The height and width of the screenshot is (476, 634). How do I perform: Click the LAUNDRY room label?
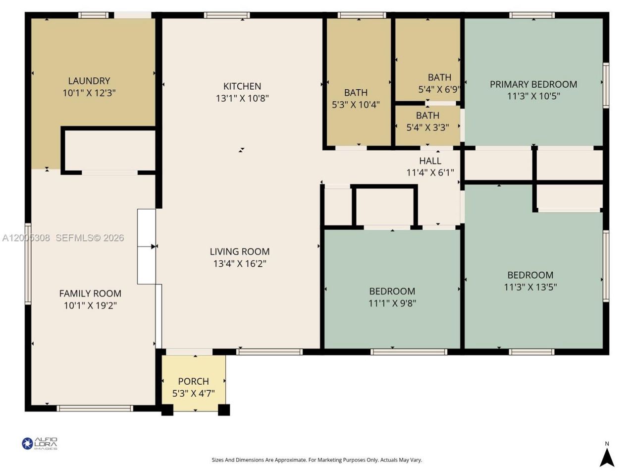89,81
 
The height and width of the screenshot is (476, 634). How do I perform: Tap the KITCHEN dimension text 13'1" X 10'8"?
242,98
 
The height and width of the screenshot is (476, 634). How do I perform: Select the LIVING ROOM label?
240,251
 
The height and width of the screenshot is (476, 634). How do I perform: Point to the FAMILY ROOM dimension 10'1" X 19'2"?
90,305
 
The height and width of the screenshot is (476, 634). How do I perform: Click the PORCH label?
193,381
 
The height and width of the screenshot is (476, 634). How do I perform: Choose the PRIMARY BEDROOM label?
533,84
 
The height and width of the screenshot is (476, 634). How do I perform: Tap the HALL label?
430,161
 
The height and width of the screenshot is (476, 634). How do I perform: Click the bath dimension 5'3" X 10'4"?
356,105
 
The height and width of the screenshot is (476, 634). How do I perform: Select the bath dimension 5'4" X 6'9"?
439,90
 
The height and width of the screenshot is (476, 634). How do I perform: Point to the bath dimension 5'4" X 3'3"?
427,127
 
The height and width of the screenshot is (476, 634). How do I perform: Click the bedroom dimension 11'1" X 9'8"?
392,303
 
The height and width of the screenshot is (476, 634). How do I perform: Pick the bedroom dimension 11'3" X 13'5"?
530,287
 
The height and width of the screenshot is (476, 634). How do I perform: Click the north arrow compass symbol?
607,457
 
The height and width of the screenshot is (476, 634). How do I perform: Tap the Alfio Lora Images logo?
40,443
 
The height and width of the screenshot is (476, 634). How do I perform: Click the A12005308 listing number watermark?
26,238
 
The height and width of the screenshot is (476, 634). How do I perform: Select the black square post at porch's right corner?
224,410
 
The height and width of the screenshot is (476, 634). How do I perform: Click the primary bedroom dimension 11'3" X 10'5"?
533,96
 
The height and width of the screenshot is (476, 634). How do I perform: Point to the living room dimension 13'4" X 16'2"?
240,263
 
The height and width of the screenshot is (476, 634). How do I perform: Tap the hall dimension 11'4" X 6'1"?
430,173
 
